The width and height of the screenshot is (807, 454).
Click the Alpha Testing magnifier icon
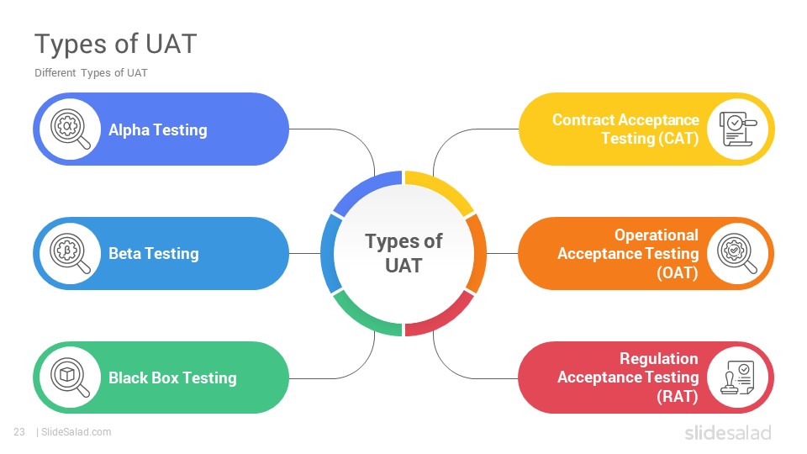(71, 129)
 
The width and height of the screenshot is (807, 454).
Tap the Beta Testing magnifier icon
(70, 253)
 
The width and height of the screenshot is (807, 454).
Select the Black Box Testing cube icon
(70, 377)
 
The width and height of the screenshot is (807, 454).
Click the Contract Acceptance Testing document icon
(738, 129)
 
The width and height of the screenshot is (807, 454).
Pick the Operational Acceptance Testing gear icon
(737, 253)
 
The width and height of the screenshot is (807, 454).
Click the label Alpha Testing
(158, 129)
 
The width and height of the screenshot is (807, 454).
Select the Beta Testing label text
(154, 253)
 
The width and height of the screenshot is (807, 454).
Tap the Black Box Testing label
(173, 377)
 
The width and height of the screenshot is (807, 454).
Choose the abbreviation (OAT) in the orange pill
(678, 272)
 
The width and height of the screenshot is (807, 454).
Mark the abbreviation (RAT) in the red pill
(678, 396)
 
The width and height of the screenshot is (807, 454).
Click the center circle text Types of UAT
(403, 253)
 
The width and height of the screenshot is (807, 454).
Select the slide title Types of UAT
(116, 44)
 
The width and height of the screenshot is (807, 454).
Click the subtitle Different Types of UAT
(91, 73)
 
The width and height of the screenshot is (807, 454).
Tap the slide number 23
(19, 432)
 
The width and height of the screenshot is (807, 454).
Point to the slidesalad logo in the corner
(728, 432)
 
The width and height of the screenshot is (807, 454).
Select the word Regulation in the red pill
(659, 358)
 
